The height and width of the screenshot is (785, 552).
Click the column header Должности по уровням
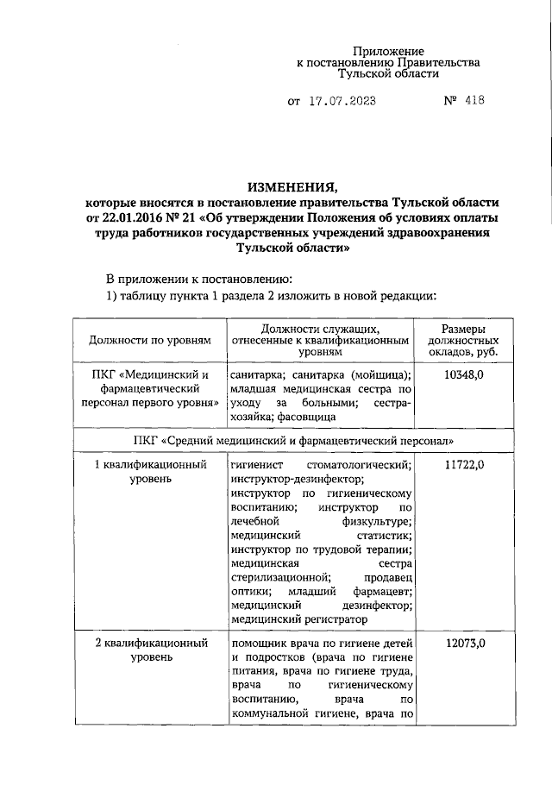tap(150, 341)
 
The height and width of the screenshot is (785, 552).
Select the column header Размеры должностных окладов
tap(462, 341)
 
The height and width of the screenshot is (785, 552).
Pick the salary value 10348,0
tap(462, 375)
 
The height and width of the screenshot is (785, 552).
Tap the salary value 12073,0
tap(462, 644)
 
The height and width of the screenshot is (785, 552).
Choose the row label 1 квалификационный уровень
tap(150, 472)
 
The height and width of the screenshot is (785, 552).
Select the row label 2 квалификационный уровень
tap(150, 650)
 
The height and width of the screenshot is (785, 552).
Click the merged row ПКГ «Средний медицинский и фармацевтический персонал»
tap(294, 441)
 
